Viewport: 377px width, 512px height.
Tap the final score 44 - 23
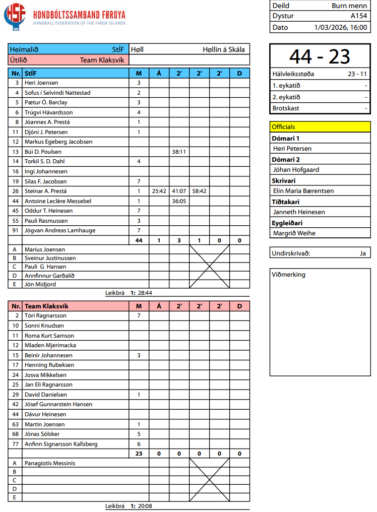320,56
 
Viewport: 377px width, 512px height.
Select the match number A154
359,16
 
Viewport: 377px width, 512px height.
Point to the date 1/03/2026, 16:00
340,27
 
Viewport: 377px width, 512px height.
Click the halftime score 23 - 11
357,74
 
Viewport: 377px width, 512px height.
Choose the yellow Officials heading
283,127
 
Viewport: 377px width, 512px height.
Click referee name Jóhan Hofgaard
296,170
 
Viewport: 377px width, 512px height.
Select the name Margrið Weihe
294,233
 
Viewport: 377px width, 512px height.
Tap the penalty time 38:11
179,152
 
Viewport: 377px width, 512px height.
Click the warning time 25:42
159,191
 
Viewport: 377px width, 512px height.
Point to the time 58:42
199,191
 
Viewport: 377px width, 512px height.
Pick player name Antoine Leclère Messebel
58,201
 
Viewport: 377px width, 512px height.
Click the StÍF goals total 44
139,240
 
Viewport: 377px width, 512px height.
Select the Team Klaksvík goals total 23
139,454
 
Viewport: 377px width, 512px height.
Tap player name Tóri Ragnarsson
45,315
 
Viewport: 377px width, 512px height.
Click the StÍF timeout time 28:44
145,293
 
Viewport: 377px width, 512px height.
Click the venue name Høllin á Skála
224,49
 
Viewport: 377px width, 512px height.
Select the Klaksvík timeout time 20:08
145,506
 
